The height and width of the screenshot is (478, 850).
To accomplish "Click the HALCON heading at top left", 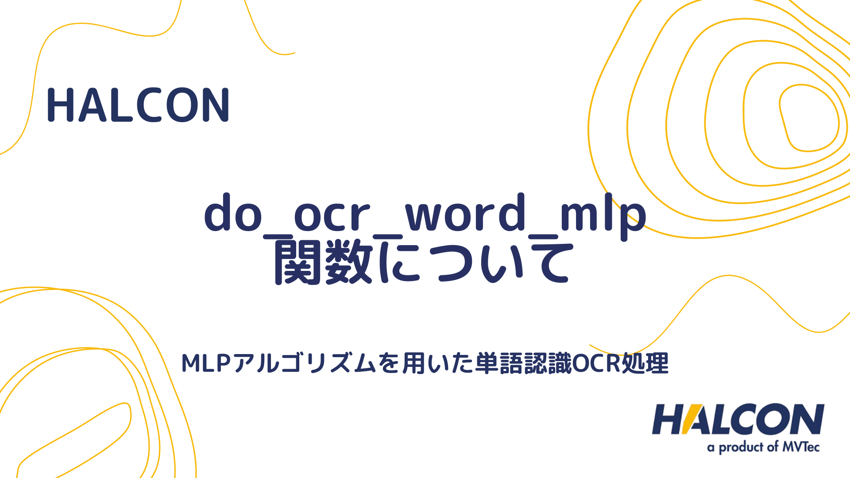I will pos(138,105).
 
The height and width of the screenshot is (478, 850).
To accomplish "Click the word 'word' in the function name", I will pos(465,214).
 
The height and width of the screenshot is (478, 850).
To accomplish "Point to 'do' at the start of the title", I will pos(233,214).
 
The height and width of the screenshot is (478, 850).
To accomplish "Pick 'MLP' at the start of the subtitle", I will pos(206,364).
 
